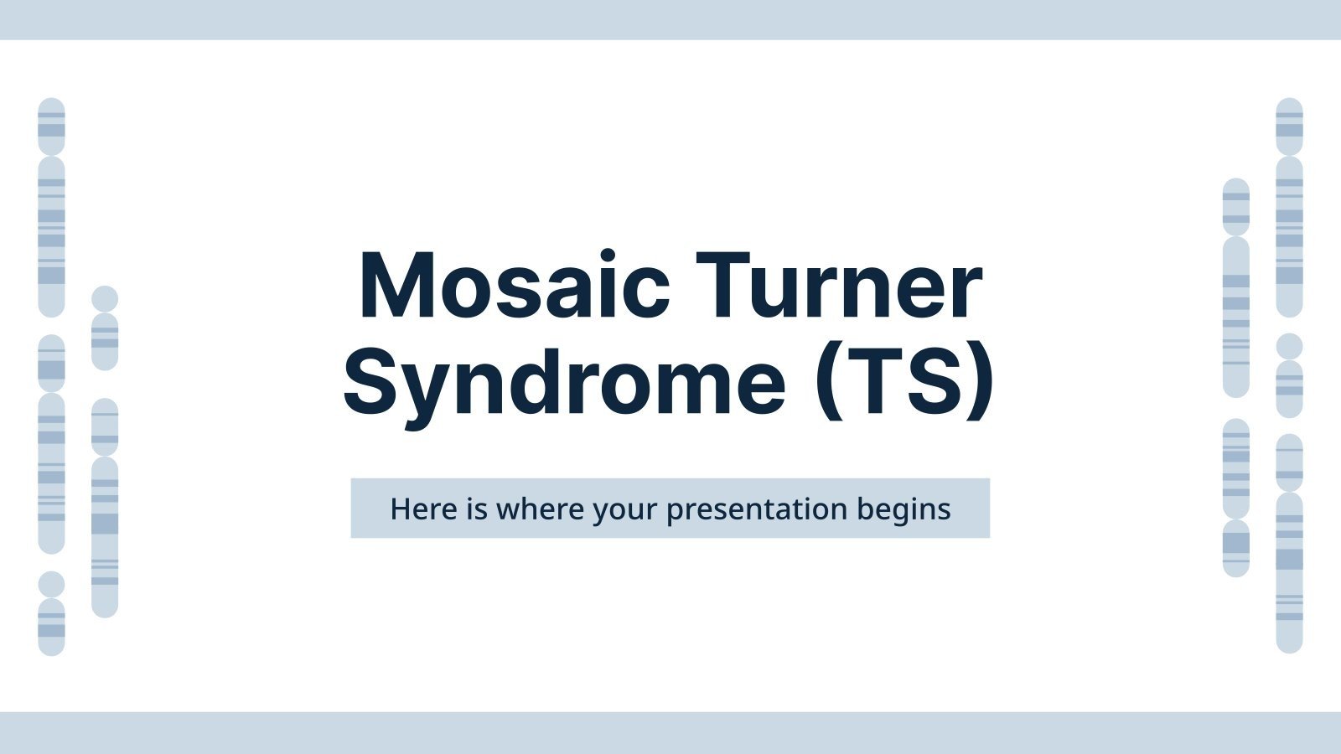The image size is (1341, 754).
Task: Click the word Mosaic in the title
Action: pyautogui.click(x=514, y=287)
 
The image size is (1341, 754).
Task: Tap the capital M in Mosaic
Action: pyautogui.click(x=399, y=287)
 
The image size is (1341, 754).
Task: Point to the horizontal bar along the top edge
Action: pyautogui.click(x=670, y=19)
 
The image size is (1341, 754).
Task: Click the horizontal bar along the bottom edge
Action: pyautogui.click(x=670, y=732)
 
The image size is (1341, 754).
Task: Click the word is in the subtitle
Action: pyautogui.click(x=477, y=509)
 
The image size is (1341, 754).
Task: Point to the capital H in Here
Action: pyautogui.click(x=401, y=509)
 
